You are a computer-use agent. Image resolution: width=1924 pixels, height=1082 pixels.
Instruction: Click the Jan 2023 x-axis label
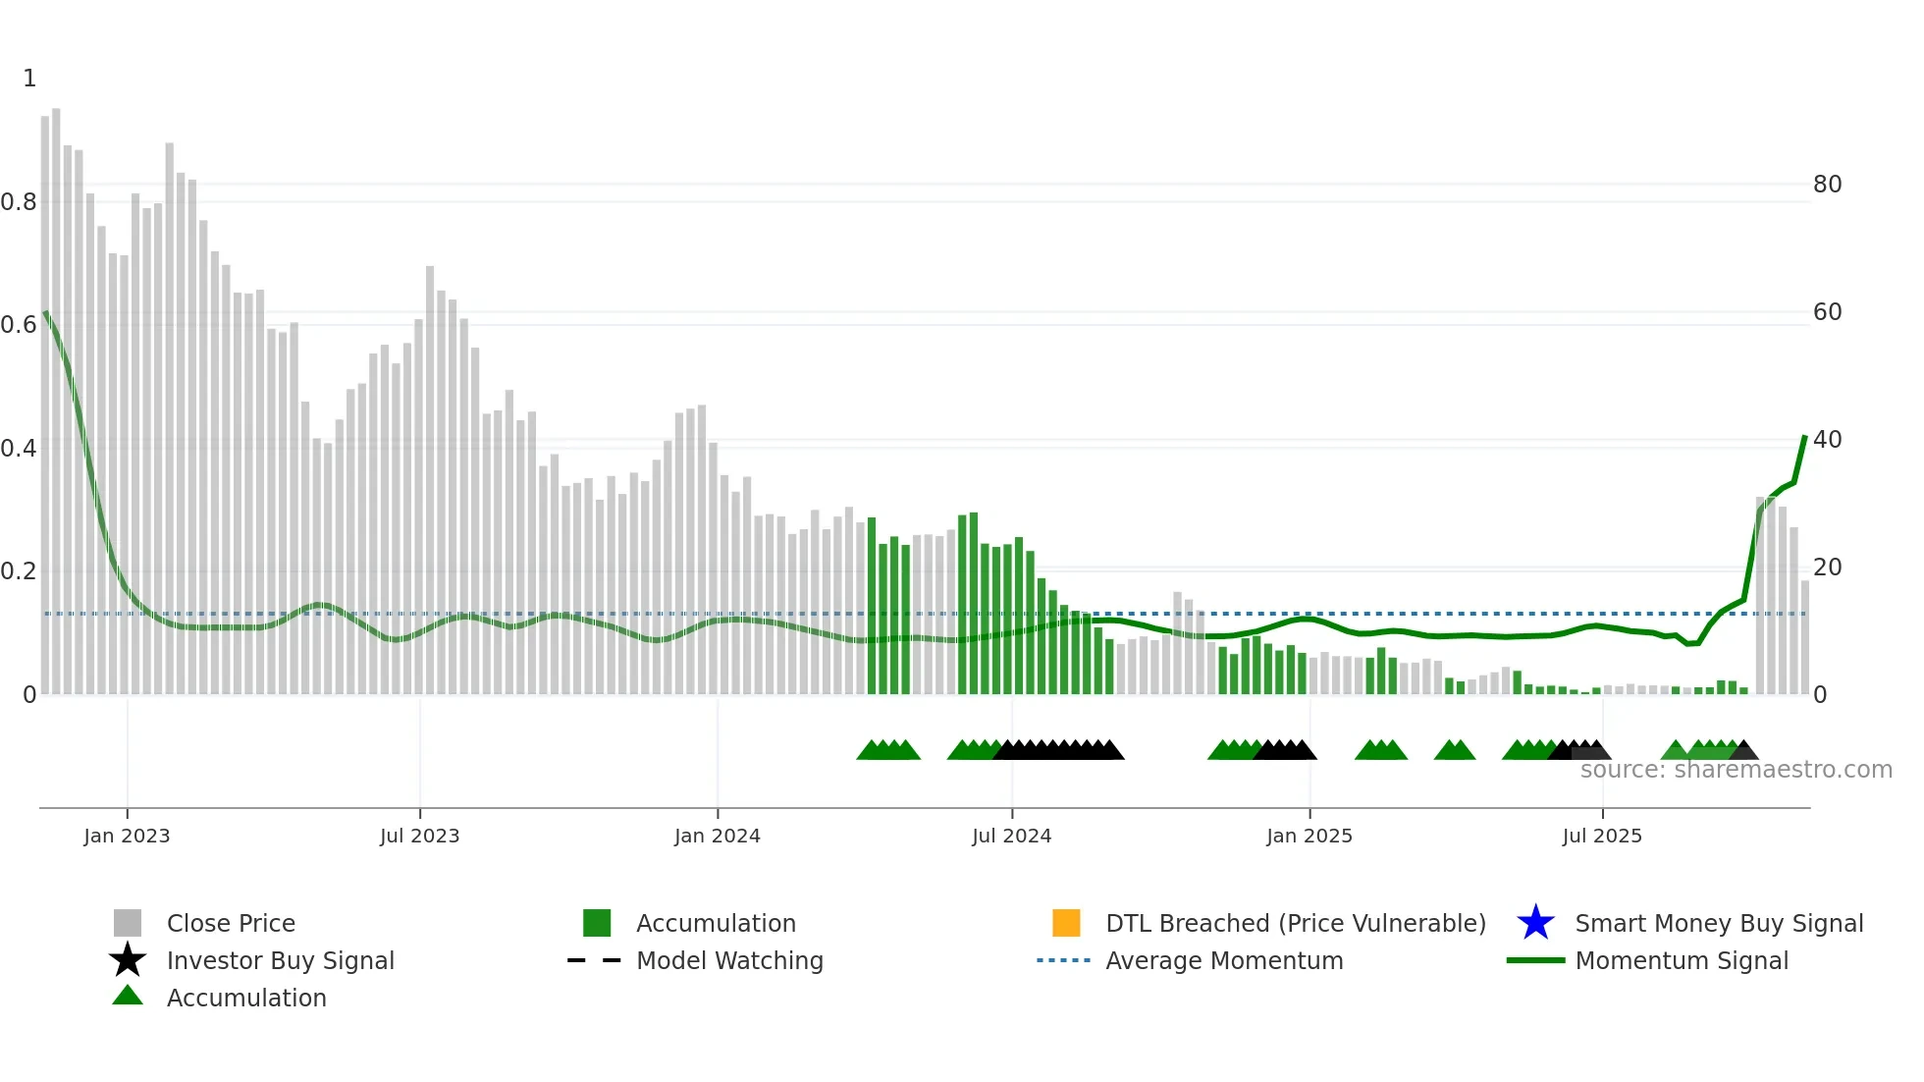(127, 836)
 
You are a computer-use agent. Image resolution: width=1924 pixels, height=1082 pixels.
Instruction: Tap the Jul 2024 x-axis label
(1011, 836)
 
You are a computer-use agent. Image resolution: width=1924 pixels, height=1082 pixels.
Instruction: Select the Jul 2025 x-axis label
(1601, 836)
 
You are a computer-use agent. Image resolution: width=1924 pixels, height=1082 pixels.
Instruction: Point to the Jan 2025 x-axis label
(1309, 836)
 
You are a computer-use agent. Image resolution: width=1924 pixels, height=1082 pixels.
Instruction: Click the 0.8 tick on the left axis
(19, 202)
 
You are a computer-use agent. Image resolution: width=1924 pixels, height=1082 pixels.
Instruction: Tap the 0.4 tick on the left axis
(19, 449)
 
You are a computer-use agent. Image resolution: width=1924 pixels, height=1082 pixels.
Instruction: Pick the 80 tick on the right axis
(1827, 185)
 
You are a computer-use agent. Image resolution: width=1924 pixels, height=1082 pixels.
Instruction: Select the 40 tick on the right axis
(1827, 440)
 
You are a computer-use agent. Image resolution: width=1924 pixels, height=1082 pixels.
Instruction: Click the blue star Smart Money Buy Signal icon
(1535, 923)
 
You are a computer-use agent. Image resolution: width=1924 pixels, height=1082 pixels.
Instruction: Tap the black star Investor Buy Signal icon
(128, 960)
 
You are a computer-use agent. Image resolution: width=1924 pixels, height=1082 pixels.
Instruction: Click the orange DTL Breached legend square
(1066, 923)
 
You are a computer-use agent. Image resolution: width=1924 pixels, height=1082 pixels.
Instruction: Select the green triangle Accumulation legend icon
(128, 996)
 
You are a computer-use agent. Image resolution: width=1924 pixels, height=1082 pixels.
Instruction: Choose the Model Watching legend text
(729, 960)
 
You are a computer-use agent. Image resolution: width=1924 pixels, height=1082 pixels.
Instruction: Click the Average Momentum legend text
(1224, 960)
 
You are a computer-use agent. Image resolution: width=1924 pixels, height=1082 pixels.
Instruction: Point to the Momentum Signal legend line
(1535, 960)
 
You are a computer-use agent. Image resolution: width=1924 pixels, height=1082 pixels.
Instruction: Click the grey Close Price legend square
(128, 923)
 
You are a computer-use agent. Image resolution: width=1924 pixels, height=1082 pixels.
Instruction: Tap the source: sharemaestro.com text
(1736, 770)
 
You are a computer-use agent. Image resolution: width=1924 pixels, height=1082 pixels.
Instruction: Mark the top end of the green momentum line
(1804, 437)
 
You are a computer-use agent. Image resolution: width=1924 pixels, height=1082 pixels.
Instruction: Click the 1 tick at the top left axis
(29, 79)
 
